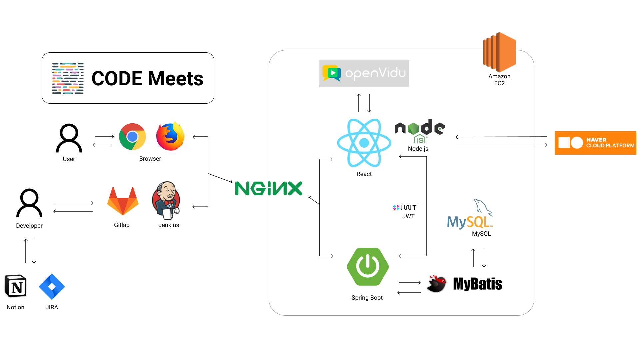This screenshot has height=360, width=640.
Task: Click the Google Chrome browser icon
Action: [x=132, y=137]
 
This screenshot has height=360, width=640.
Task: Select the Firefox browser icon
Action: [x=170, y=136]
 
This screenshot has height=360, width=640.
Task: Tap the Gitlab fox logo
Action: [x=123, y=201]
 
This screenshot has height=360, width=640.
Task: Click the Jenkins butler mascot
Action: [x=166, y=200]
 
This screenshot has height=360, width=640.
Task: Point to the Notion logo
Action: [x=15, y=286]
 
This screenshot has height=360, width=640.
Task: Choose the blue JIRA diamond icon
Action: [x=52, y=287]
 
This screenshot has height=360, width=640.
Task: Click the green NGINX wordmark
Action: [x=269, y=188]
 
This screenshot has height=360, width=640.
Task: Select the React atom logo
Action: [x=364, y=143]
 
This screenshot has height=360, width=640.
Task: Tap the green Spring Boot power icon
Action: [x=368, y=267]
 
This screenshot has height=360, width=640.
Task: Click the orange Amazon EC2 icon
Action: [x=499, y=52]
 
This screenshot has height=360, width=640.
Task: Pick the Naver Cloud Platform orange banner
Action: [x=595, y=143]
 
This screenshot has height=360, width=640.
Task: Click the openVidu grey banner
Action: [x=364, y=74]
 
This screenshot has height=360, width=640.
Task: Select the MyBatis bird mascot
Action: [x=437, y=284]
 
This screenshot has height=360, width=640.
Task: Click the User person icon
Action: [x=69, y=138]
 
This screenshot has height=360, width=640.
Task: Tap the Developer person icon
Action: [x=29, y=203]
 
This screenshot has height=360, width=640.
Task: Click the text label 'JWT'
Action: [x=408, y=216]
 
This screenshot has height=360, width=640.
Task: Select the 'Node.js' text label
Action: [x=418, y=149]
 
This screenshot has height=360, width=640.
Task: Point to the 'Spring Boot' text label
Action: [x=367, y=298]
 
